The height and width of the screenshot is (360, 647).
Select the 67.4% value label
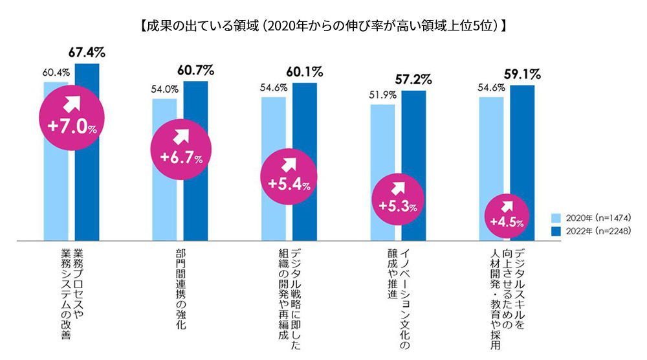[87, 51]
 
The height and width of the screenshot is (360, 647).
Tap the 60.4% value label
[56, 72]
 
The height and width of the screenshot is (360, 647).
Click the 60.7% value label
[195, 69]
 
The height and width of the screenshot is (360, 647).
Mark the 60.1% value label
[304, 71]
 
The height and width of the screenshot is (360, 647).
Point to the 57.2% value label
[413, 79]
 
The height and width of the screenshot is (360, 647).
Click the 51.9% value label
[382, 95]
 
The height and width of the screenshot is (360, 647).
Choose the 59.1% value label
[522, 73]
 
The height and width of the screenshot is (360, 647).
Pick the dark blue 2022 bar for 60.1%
[305, 129]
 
